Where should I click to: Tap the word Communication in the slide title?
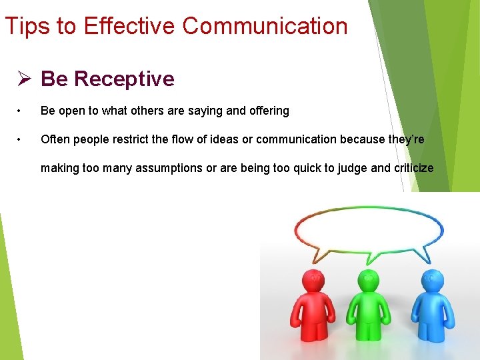265,26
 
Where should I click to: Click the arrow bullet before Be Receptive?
25,79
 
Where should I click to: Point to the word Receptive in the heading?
124,79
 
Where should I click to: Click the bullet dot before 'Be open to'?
22,111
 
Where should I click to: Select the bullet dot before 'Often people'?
22,139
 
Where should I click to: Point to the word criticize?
413,168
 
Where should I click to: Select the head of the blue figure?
432,279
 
